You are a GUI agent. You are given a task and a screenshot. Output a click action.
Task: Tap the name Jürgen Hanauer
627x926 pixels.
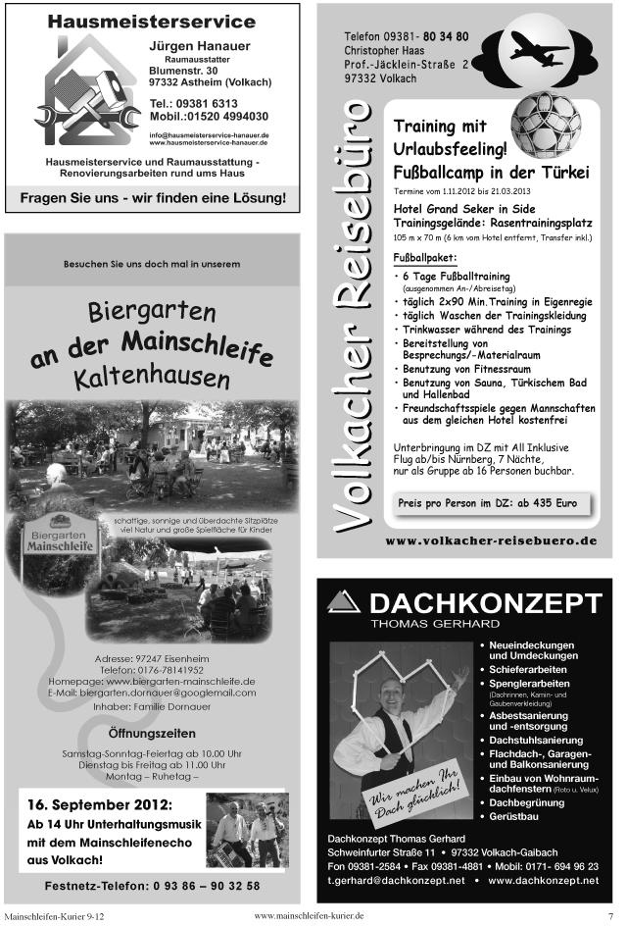point(199,46)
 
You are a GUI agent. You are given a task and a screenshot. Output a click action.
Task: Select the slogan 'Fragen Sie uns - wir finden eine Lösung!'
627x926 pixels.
point(154,198)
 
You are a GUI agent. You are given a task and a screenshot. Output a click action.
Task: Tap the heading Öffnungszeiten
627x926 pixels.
point(152,733)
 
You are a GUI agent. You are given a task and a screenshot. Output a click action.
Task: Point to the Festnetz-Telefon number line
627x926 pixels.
point(152,886)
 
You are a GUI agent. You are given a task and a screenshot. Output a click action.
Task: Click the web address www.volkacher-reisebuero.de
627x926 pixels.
point(490,540)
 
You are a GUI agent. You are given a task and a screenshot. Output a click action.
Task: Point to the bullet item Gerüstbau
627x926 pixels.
point(515,816)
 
